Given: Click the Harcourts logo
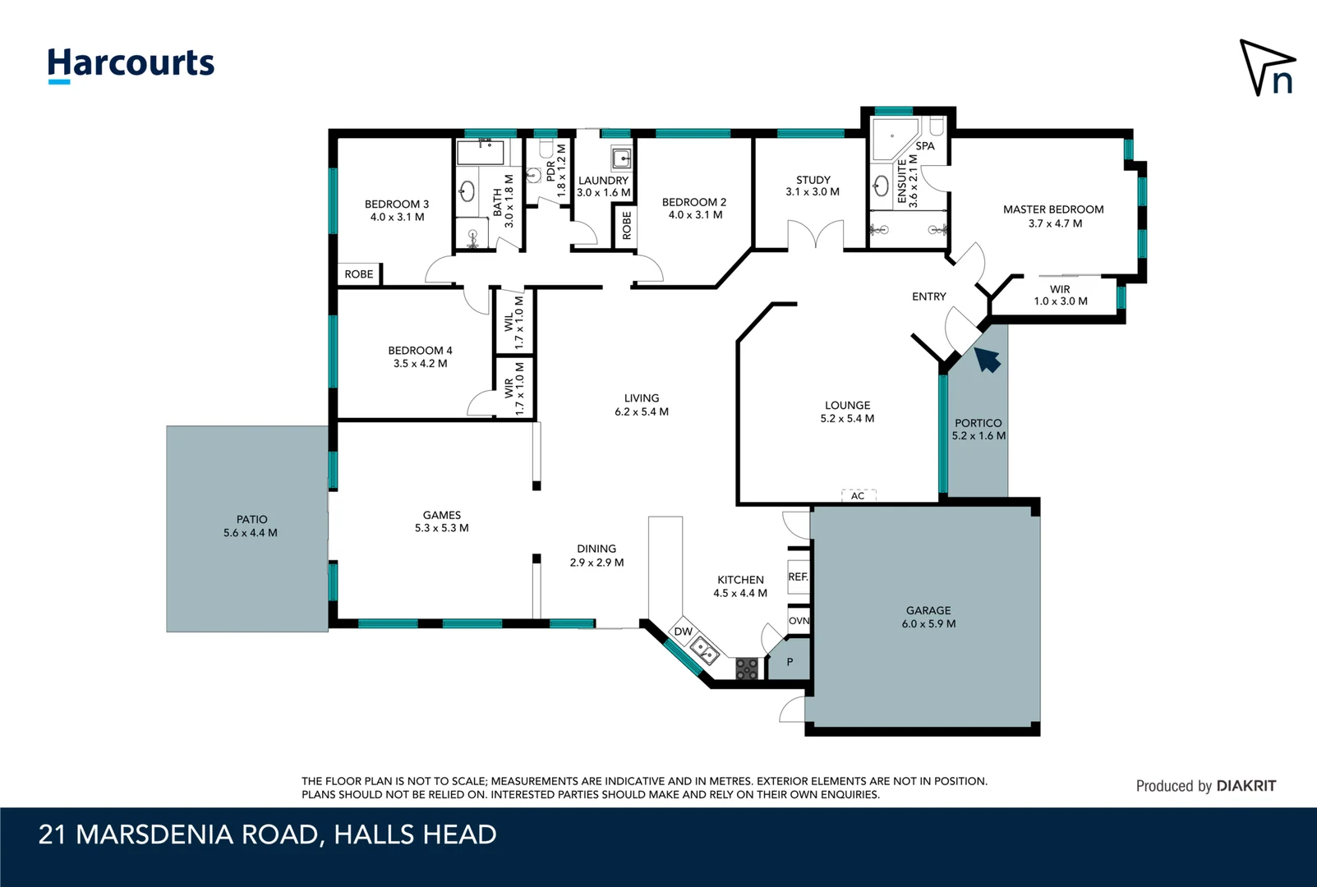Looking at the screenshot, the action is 131,65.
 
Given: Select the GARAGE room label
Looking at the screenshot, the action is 928,611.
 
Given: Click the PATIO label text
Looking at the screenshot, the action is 251,520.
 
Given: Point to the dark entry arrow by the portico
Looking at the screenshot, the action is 988,360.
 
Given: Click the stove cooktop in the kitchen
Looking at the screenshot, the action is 747,669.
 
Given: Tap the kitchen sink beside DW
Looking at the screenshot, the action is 704,650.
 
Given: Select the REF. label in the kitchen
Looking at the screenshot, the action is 798,577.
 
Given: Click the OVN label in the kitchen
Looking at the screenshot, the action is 799,621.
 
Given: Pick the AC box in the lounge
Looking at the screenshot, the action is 859,495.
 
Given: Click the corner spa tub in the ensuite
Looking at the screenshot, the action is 893,140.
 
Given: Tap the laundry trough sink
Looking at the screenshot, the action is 621,159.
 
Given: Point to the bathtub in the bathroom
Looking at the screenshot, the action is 481,152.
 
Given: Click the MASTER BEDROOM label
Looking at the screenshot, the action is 1053,209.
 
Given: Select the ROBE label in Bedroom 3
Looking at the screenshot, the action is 359,274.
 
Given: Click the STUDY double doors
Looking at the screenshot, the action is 816,235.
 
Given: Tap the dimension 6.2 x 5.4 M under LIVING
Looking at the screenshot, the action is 642,411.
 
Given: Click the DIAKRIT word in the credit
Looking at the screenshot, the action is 1246,786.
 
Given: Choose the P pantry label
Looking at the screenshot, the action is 790,662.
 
